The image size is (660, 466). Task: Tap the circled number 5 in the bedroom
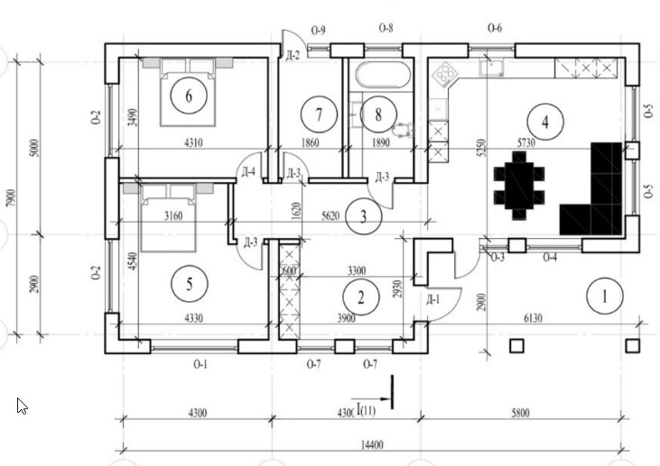189,284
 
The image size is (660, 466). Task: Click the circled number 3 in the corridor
363,215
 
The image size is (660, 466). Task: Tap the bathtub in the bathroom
381,74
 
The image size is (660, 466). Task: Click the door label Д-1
432,299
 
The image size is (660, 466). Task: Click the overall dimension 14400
371,444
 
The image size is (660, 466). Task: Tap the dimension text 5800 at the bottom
521,413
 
